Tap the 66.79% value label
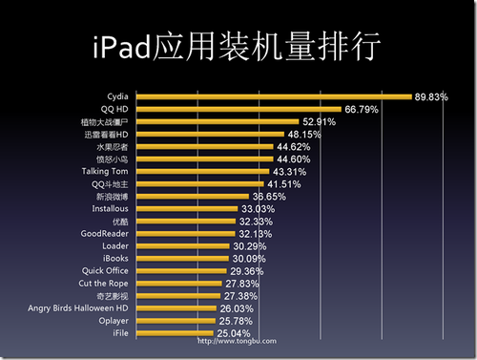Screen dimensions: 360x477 coord(362,110)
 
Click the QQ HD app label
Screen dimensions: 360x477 coord(115,109)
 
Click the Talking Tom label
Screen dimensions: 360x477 coord(105,171)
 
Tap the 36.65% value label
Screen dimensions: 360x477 coord(268,196)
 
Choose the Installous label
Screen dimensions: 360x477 coord(110,208)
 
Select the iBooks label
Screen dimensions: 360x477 coord(114,258)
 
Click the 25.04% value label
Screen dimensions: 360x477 coord(234,333)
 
